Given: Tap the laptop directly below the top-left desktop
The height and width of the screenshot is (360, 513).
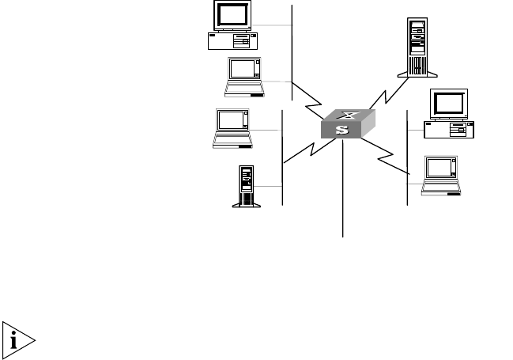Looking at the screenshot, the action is (244, 76).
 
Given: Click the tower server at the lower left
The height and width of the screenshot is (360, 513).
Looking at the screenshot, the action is (245, 185).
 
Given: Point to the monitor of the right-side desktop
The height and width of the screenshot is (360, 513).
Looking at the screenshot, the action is (450, 105).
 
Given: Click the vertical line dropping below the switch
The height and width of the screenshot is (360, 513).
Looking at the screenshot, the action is (343, 190).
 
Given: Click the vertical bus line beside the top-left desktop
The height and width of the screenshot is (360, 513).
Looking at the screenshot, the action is (292, 47).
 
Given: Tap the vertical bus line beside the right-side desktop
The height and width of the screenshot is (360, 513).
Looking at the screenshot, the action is (406, 158).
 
